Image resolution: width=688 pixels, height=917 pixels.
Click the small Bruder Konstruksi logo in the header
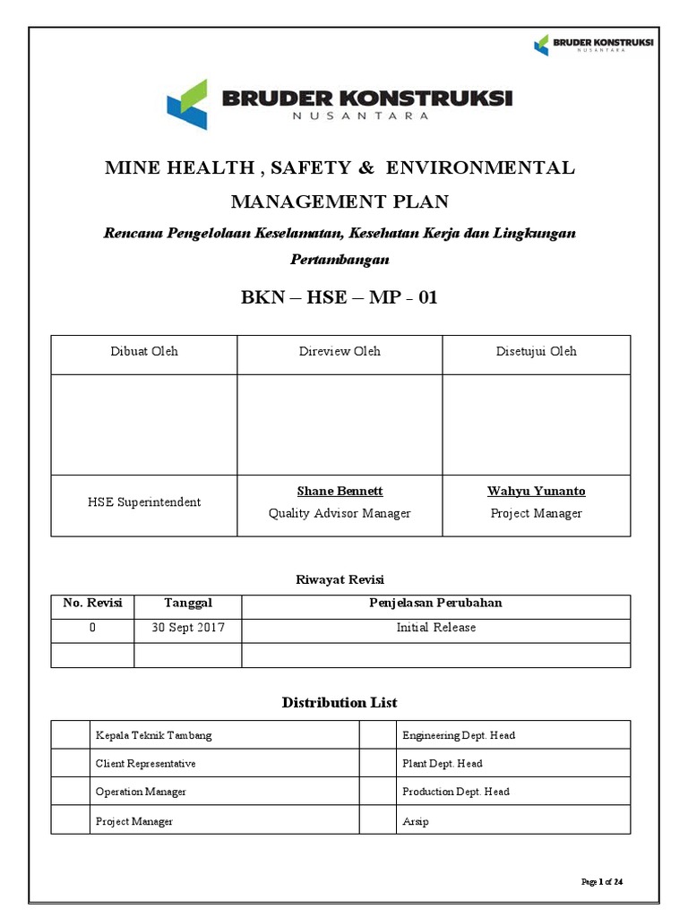point(593,44)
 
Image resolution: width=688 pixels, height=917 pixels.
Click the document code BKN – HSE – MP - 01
point(340,297)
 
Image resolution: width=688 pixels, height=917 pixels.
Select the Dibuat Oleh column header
point(143,351)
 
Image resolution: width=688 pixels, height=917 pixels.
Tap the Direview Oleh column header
point(340,351)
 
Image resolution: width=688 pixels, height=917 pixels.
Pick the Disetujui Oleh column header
point(536,351)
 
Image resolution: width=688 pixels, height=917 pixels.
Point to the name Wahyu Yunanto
point(536,491)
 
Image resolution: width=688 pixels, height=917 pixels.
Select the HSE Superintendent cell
point(143,502)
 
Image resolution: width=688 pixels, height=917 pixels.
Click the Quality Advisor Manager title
point(340,513)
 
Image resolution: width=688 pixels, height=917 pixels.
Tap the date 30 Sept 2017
point(187,628)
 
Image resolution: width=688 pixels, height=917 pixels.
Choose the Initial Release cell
point(435,628)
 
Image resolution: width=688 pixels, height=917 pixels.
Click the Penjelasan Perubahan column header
point(435,603)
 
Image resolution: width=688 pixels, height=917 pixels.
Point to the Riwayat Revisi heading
point(340,579)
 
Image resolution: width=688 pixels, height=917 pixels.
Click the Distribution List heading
point(340,702)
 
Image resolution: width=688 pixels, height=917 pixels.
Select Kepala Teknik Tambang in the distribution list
point(153,735)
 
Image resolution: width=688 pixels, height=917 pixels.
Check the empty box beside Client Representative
point(70,764)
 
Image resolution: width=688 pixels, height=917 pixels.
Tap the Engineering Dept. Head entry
point(459,735)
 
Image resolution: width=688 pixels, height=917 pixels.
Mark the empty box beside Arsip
point(377,820)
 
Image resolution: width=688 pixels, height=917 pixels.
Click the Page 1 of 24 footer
point(602,882)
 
